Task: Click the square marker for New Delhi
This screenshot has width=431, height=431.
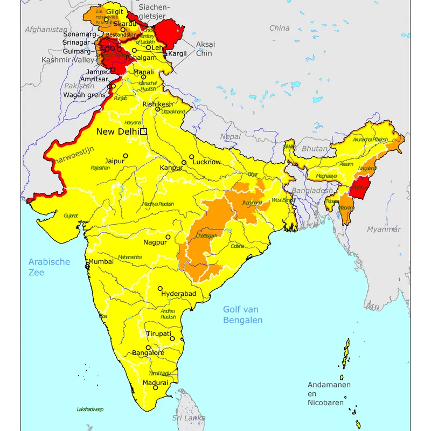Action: [x=143, y=131]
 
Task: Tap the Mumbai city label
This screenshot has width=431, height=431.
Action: [x=101, y=261]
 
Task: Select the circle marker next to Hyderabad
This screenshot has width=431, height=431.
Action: [x=160, y=288]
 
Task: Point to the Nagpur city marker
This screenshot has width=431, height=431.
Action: [x=168, y=237]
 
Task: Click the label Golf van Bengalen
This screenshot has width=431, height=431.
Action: [x=243, y=315]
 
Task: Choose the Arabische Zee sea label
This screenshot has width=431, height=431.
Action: [x=49, y=267]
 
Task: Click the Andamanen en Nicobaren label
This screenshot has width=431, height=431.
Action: [x=329, y=393]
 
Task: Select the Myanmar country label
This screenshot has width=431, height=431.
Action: [x=384, y=230]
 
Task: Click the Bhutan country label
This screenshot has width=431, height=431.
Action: [x=315, y=149]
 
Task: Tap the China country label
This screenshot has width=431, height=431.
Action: [x=279, y=28]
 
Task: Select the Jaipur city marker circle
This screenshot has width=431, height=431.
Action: [x=126, y=156]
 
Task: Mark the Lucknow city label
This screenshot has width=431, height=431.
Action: [x=206, y=162]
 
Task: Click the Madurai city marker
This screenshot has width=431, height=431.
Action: [x=155, y=387]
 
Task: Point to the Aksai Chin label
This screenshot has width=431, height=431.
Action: [x=204, y=49]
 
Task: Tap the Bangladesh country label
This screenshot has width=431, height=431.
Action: [x=313, y=191]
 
